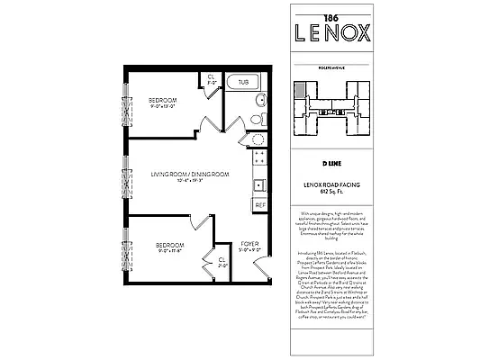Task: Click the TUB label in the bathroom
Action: (x=243, y=82)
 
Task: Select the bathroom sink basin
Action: (x=261, y=99)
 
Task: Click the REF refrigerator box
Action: (x=260, y=205)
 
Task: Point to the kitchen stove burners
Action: (x=259, y=163)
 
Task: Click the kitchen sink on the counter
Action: (x=259, y=185)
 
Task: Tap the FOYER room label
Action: (x=249, y=244)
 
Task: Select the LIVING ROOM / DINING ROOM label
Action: (x=190, y=174)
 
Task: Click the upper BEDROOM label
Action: (x=163, y=99)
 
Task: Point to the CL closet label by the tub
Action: (x=211, y=77)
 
